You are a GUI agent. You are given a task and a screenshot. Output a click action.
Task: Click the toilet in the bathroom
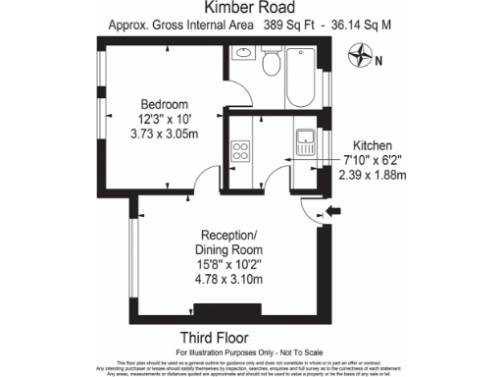click(x=272, y=64)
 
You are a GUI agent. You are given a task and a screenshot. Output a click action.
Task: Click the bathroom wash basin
click(x=242, y=54)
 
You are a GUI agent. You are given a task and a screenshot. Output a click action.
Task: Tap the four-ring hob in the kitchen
click(x=240, y=151)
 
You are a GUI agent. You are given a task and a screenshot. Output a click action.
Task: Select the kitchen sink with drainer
click(x=305, y=143)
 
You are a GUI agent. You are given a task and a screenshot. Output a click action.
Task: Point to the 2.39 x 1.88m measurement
click(x=373, y=175)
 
